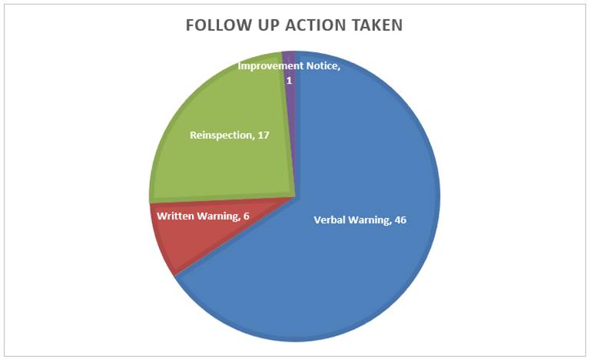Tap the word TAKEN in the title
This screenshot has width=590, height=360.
[377, 25]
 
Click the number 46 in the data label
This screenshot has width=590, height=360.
[400, 220]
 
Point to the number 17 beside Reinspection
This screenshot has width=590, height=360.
[264, 135]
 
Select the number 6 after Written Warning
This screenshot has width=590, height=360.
[246, 216]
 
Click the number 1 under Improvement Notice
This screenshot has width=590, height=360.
[289, 81]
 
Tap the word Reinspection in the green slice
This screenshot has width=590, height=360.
[221, 136]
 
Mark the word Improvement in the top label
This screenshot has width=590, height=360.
[270, 66]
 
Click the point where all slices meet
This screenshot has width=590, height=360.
[295, 197]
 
